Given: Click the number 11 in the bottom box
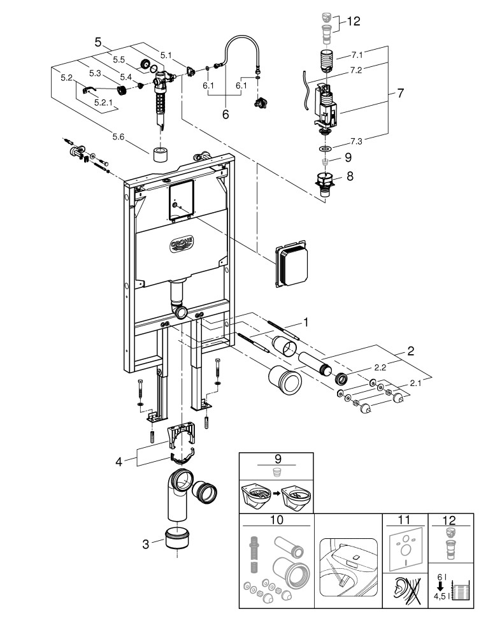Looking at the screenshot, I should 404,520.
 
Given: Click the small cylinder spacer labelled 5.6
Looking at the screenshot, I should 161,155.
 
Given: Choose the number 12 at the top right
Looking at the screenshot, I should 354,21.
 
